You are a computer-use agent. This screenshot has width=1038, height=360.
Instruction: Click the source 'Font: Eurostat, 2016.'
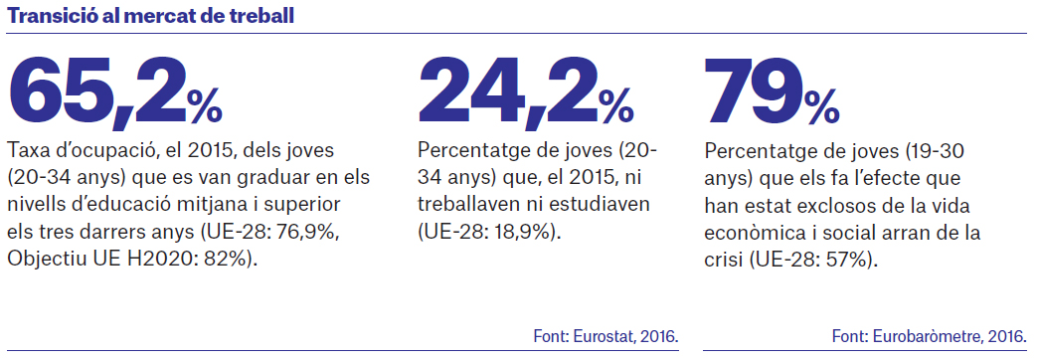click(605, 336)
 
